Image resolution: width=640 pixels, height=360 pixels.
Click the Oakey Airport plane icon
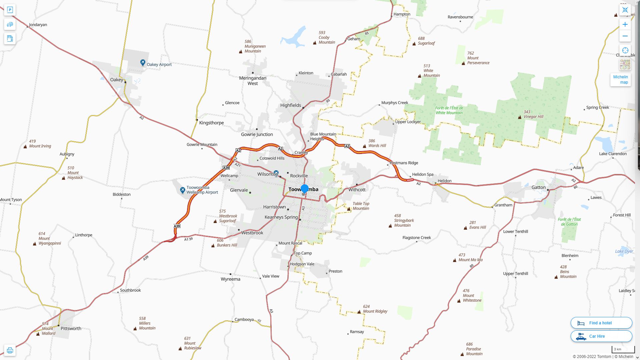click(x=143, y=62)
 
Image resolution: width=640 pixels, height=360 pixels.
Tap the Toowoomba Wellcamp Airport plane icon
click(x=182, y=190)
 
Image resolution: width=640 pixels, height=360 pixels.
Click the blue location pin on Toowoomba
click(x=304, y=188)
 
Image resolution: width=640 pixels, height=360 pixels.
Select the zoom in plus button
click(x=625, y=24)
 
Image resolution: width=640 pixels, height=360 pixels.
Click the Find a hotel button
click(x=601, y=323)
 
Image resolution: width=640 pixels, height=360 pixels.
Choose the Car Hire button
click(x=601, y=336)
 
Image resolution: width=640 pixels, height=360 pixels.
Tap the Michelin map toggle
click(x=620, y=80)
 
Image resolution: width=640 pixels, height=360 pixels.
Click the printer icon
click(x=10, y=350)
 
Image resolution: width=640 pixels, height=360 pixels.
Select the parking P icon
click(x=10, y=10)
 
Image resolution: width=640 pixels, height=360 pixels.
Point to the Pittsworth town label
click(x=71, y=328)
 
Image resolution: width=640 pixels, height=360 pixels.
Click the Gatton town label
click(x=538, y=187)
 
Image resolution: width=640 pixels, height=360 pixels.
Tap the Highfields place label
click(x=290, y=105)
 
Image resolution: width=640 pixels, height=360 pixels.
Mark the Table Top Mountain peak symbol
click(x=349, y=209)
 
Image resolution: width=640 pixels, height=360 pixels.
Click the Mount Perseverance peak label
click(x=478, y=58)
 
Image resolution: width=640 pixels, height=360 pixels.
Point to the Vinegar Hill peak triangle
click(x=520, y=117)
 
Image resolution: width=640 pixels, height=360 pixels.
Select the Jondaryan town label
click(x=38, y=25)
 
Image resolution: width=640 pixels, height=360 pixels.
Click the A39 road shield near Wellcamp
click(x=226, y=168)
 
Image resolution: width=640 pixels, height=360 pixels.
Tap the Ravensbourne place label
click(x=460, y=17)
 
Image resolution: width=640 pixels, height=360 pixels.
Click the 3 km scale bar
click(x=623, y=350)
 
